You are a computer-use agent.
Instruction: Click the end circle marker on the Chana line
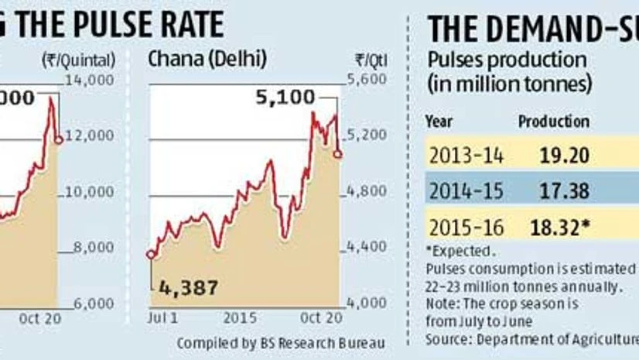pyautogui.click(x=339, y=155)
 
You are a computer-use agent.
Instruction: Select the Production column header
pyautogui.click(x=553, y=122)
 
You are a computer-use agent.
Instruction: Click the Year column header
pyautogui.click(x=439, y=122)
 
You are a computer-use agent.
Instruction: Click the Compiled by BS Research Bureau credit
pyautogui.click(x=280, y=342)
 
